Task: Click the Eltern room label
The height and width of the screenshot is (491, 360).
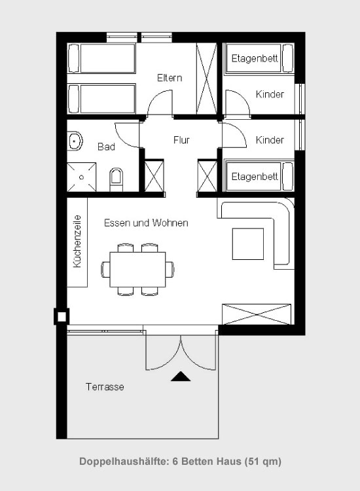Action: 170,78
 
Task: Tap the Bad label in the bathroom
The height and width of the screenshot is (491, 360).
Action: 107,147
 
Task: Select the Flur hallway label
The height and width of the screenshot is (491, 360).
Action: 181,139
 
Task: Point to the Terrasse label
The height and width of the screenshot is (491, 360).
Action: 105,387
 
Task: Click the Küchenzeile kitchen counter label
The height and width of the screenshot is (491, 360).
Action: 77,242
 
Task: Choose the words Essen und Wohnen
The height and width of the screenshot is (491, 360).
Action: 146,223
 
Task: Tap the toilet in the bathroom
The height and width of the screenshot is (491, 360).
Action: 116,179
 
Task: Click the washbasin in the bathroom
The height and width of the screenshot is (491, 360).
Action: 75,141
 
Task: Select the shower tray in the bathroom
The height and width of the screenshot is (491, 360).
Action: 82,177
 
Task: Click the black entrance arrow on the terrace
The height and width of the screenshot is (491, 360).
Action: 181,376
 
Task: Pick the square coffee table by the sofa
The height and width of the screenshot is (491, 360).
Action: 248,244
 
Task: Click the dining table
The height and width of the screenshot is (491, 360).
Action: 137,269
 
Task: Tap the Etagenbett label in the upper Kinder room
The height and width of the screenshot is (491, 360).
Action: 255,58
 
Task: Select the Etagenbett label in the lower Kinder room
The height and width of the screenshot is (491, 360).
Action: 255,177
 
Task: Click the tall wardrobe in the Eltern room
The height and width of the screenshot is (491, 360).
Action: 207,79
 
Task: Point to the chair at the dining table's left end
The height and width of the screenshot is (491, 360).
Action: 105,269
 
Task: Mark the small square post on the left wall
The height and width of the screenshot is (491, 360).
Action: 62,317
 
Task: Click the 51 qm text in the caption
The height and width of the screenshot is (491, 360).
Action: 263,462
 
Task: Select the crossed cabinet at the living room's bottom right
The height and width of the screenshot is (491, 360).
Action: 257,314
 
